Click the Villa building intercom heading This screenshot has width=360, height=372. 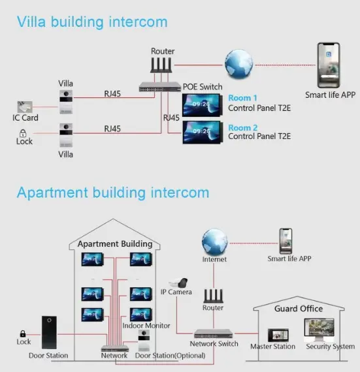point(92,22)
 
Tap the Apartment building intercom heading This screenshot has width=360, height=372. point(113,193)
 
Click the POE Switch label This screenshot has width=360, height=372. point(202,87)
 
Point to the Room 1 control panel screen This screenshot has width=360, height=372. point(203,104)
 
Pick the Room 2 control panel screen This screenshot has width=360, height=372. point(203,131)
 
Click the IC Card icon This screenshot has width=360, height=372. point(26,106)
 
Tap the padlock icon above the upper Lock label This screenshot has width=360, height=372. point(23,132)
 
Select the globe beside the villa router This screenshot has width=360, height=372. point(238,64)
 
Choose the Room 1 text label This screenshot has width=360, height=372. point(242,99)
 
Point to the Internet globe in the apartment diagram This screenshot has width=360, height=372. point(214,241)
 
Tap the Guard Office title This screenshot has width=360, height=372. point(299,309)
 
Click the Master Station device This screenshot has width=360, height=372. point(272,332)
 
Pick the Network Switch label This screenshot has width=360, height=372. point(214,343)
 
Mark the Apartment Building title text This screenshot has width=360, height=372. point(115,244)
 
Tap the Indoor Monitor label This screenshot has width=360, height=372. point(146,326)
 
